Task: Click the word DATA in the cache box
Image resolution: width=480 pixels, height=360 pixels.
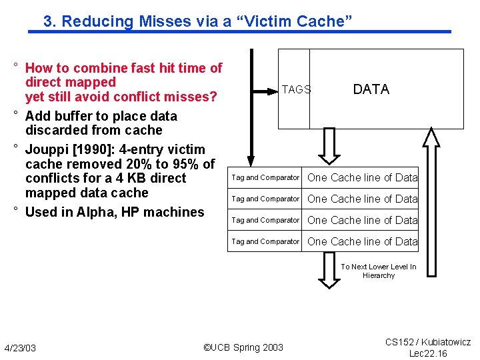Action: pyautogui.click(x=371, y=89)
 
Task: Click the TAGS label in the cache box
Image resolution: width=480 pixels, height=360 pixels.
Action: pyautogui.click(x=296, y=89)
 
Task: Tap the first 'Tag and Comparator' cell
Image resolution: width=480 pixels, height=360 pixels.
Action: pyautogui.click(x=265, y=177)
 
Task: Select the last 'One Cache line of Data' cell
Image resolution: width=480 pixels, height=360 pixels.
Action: pyautogui.click(x=362, y=241)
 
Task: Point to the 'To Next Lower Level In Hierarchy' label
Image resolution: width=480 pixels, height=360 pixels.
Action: pyautogui.click(x=378, y=271)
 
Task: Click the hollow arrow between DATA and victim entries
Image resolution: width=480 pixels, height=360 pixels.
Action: pyautogui.click(x=329, y=147)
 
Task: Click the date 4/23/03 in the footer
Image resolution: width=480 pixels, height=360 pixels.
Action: pyautogui.click(x=21, y=348)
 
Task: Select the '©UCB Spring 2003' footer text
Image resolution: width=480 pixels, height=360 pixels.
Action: pyautogui.click(x=243, y=347)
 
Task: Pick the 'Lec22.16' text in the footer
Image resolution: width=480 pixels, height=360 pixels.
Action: pyautogui.click(x=428, y=353)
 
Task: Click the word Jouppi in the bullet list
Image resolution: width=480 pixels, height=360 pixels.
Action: pyautogui.click(x=47, y=149)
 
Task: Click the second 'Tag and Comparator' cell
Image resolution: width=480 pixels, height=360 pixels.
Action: pyautogui.click(x=265, y=199)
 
